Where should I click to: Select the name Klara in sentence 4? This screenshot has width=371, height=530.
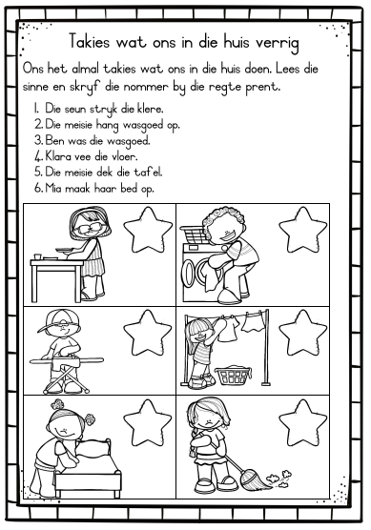(x=58, y=156)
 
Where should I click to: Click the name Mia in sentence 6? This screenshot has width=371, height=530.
(x=53, y=188)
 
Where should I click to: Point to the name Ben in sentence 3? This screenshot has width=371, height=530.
(x=54, y=140)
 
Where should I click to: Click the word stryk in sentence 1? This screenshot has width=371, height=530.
(x=104, y=110)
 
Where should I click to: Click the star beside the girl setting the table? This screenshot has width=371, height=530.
(x=148, y=230)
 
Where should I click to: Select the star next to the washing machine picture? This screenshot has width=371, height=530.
(x=302, y=230)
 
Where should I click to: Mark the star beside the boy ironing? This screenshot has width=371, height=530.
(x=148, y=333)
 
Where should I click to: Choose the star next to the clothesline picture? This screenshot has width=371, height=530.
(x=302, y=333)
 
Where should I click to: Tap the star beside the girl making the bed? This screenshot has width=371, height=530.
(x=148, y=422)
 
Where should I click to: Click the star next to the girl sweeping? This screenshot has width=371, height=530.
(x=302, y=422)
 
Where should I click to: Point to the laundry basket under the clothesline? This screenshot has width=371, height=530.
(x=234, y=375)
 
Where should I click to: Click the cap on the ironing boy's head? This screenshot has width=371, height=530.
(x=59, y=319)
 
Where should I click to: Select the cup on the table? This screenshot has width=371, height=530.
(x=37, y=256)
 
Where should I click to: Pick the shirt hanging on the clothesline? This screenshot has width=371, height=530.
(x=227, y=329)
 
